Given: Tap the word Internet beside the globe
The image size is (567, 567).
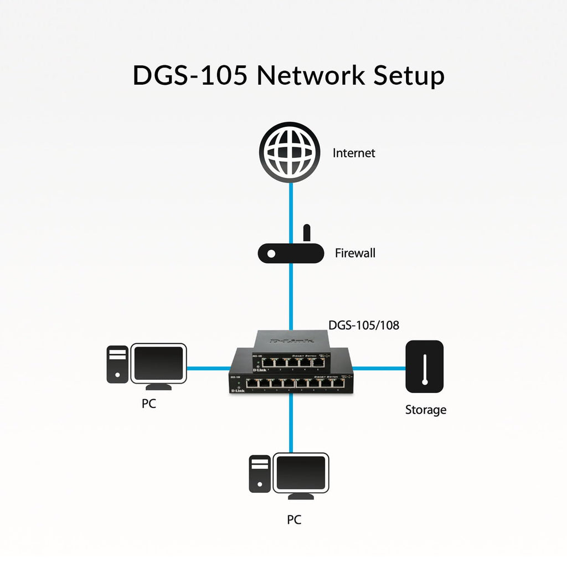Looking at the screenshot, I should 354,153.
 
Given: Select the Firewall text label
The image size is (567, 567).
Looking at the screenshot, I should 355,253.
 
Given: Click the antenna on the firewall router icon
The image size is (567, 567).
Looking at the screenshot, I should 306,234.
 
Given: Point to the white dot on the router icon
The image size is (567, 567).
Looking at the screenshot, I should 271,254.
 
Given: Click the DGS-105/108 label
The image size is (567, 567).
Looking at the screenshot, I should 363,326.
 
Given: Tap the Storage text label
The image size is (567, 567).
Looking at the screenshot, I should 425,410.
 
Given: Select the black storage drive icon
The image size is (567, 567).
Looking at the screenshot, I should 425,367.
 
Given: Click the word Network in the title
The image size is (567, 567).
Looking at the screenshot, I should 311,75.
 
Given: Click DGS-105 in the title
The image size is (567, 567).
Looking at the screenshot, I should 190,75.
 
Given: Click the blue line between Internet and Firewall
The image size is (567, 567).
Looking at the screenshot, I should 291,205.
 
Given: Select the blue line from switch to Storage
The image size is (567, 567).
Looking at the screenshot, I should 379,367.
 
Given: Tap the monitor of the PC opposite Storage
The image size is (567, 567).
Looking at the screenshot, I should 158,363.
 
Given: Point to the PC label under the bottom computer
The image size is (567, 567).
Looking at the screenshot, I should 294,520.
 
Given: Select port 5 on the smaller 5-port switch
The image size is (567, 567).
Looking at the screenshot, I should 319,363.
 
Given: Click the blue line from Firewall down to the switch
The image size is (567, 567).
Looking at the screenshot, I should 291,296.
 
